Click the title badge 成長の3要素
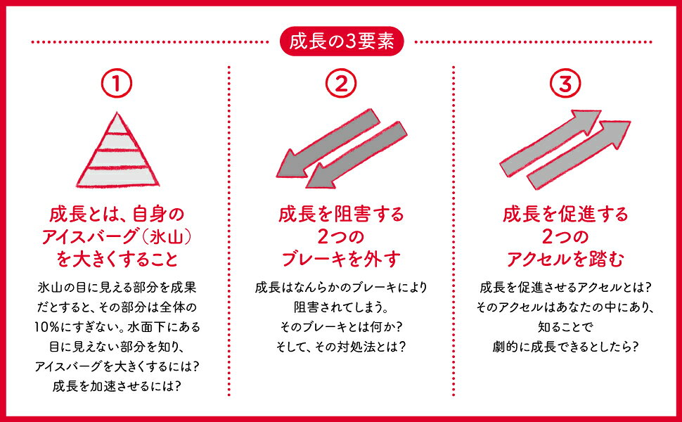(342, 41)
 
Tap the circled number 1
(117, 83)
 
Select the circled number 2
(341, 83)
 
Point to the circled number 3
(565, 83)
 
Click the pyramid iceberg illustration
(117, 150)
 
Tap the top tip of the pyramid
(117, 113)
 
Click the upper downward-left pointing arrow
(327, 143)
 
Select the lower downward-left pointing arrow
(356, 155)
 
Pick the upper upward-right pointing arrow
(551, 143)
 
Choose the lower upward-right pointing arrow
(579, 155)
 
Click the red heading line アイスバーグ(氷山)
(117, 236)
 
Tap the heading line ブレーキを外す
(341, 260)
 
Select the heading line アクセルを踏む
(565, 260)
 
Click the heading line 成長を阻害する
(341, 214)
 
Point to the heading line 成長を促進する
(565, 214)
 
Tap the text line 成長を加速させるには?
(117, 386)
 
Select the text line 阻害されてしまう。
(341, 307)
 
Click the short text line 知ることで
(565, 327)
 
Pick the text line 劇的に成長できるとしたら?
(565, 347)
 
